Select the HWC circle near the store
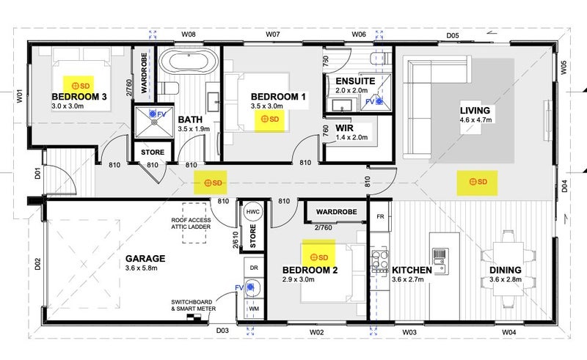(x=252, y=212)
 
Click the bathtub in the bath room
(x=189, y=61)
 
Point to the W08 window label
(x=189, y=34)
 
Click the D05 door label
(x=453, y=36)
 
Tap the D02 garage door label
(x=37, y=264)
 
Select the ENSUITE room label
(x=355, y=81)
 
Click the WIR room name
(x=344, y=128)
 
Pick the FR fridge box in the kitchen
(x=380, y=216)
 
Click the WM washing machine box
(x=254, y=309)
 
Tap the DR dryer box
(x=254, y=268)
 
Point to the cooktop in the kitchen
(x=379, y=260)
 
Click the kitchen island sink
(x=440, y=260)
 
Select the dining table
(x=508, y=268)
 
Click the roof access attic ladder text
(x=191, y=224)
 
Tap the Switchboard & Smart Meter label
(x=193, y=305)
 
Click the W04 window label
(x=508, y=332)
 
